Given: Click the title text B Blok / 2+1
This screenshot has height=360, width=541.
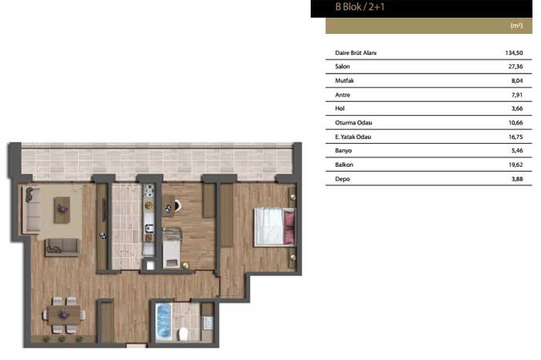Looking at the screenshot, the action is pos(359,7).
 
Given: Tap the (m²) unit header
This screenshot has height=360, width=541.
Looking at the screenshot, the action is pos(516,25).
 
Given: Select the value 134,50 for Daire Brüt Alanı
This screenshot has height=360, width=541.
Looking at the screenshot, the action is pos(514,53).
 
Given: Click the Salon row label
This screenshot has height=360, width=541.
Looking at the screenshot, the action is pos(342,66).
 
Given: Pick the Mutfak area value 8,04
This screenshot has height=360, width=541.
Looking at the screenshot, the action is pos(517,80).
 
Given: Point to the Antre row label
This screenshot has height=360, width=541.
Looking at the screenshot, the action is pos(342,95).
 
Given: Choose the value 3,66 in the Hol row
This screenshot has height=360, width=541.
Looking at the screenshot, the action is pos(517,109).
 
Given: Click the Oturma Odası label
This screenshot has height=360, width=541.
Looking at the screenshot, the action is pos(353,123).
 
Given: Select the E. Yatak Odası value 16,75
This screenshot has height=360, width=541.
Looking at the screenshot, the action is pos(515,137).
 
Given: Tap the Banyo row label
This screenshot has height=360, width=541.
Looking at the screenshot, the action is pos(343,151).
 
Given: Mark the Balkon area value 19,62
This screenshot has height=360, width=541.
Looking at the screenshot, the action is pos(515,165).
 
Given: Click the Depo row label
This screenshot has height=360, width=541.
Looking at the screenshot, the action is pos(342,179).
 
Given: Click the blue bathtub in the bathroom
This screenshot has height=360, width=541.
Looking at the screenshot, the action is pos(163,321).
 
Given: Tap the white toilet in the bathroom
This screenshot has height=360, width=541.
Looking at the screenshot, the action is pos(183,334).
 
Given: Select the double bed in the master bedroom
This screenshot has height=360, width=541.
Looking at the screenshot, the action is pos(274,226).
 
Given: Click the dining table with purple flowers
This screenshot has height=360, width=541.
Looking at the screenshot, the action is pos(64,315).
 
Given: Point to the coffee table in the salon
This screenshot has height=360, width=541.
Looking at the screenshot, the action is pos(62,209).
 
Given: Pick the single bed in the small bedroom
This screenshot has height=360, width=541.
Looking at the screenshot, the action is pos(172,247).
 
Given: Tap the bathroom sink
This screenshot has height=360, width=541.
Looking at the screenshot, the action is pos(208,322).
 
